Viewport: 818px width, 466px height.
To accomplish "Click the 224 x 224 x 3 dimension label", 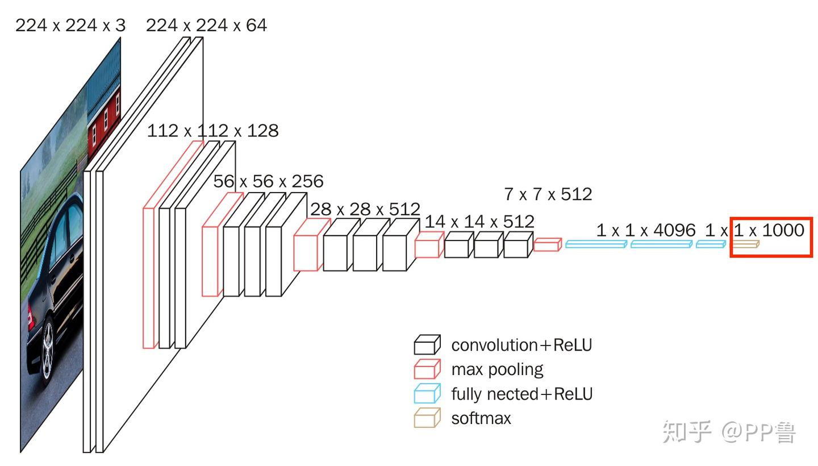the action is pos(70,25).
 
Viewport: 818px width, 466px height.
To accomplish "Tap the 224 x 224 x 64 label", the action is pos(206,25).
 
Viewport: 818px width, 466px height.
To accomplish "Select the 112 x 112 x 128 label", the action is pos(212,130).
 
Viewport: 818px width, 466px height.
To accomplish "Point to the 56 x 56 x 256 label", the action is pos(268,181).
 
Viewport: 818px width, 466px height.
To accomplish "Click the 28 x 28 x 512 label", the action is pos(365,209).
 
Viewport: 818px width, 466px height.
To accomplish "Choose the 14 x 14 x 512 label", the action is pos(479,222).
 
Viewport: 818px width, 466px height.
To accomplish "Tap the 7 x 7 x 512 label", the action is pos(548,194).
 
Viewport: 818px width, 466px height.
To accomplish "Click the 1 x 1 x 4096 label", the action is pos(646,230).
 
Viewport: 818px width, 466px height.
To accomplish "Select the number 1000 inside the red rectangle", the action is pos(783,230).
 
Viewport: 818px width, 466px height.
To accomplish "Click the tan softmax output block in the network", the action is pos(746,244).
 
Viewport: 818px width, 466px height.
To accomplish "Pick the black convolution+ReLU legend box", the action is pos(427,344).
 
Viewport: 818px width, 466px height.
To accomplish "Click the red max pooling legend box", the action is pos(427,369).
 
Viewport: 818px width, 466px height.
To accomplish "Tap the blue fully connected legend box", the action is pos(427,393).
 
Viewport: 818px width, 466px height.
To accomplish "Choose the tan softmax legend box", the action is pos(427,418).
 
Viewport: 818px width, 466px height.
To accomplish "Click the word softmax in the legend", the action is pos(481,418).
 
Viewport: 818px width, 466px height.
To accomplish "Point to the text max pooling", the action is pos(498,369).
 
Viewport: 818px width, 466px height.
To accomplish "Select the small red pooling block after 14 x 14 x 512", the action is pos(548,245).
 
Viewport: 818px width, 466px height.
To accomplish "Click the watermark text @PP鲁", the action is pos(759,432).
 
